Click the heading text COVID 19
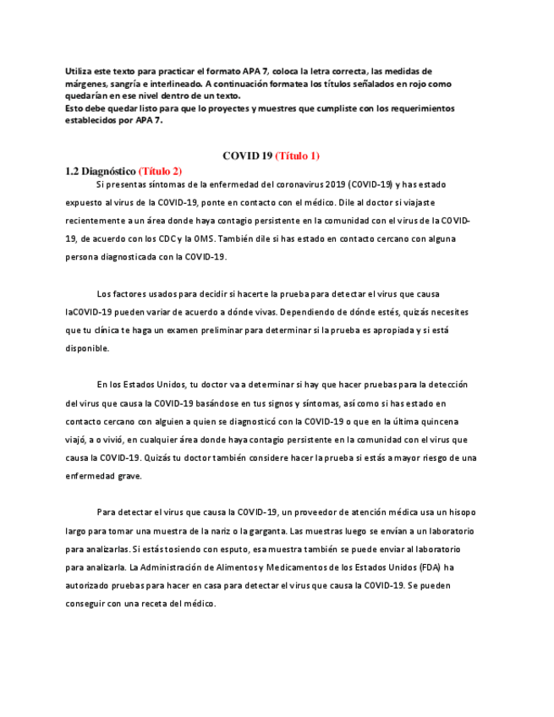pos(247,156)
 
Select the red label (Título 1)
pos(297,156)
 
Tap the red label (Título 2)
pos(160,171)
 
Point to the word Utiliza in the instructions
pos(80,71)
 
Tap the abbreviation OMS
pos(230,239)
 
